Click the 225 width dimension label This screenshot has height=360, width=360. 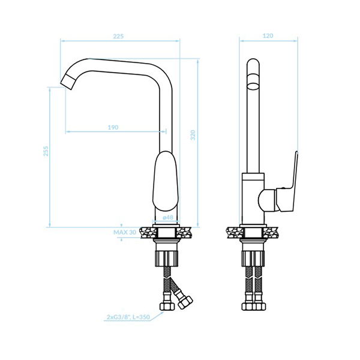point(118,36)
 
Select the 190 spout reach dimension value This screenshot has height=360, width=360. point(113,127)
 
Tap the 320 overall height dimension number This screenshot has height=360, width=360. point(193,135)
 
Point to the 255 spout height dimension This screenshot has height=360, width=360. point(46,151)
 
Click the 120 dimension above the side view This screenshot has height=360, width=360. point(268,36)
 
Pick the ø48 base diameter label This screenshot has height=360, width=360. point(168,217)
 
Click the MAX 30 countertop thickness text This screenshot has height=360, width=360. point(125,232)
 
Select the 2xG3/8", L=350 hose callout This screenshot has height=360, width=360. point(128,317)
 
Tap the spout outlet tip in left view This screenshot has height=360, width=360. point(68,82)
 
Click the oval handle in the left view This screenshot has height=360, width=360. point(166,181)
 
